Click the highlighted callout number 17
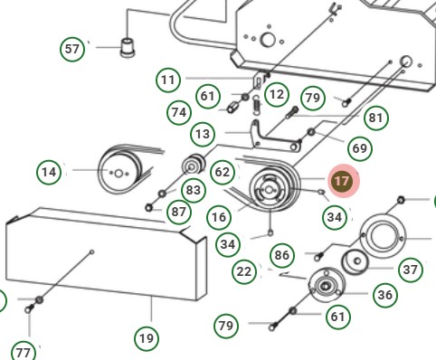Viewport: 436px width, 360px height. pyautogui.click(x=341, y=181)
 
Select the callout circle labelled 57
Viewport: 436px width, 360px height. pyautogui.click(x=72, y=49)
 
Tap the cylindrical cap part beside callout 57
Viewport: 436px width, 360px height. pyautogui.click(x=128, y=48)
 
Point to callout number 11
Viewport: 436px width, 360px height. pyautogui.click(x=168, y=81)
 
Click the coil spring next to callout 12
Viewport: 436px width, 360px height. pyautogui.click(x=256, y=105)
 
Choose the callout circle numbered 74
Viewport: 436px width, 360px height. pyautogui.click(x=179, y=112)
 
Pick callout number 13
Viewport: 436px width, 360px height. pyautogui.click(x=203, y=134)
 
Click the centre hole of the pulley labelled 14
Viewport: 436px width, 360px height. pyautogui.click(x=118, y=174)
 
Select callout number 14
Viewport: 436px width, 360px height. pyautogui.click(x=49, y=172)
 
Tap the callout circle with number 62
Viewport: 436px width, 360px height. pyautogui.click(x=223, y=172)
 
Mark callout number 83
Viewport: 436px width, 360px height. pyautogui.click(x=194, y=190)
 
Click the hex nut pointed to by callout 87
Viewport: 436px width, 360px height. pyautogui.click(x=148, y=208)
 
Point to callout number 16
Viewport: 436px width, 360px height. pyautogui.click(x=219, y=217)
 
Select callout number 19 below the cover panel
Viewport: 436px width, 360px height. pyautogui.click(x=147, y=338)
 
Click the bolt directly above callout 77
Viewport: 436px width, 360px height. pyautogui.click(x=29, y=309)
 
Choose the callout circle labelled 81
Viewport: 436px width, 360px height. pyautogui.click(x=375, y=118)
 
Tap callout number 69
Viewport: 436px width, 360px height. pyautogui.click(x=360, y=148)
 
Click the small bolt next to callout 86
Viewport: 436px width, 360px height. pyautogui.click(x=318, y=257)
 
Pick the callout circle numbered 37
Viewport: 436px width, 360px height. pyautogui.click(x=410, y=270)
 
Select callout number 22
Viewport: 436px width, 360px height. pyautogui.click(x=244, y=272)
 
